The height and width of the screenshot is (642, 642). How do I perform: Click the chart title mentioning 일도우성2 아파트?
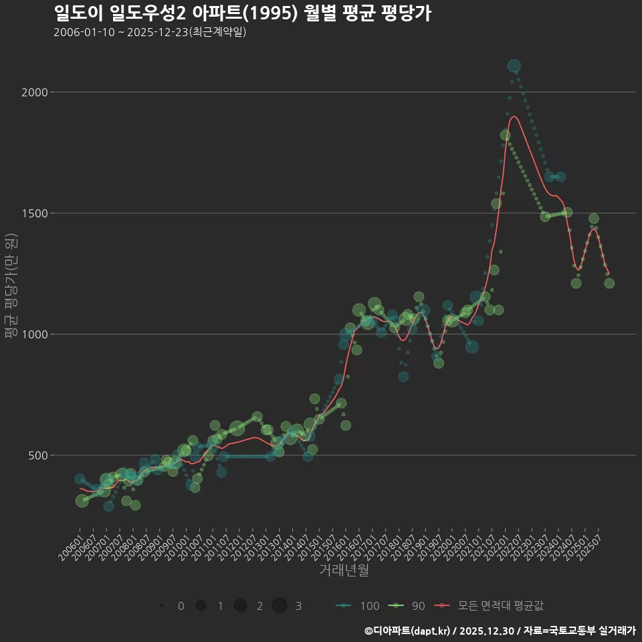click(x=242, y=13)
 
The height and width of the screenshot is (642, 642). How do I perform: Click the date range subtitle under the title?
click(x=150, y=32)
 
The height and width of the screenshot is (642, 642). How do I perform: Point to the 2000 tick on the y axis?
click(x=34, y=92)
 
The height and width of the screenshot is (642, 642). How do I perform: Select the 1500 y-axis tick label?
click(x=34, y=213)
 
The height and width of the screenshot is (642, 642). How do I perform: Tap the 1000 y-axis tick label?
click(x=34, y=334)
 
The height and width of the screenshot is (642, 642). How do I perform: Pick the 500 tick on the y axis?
click(x=37, y=455)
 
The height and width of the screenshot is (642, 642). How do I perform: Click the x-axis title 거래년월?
click(x=344, y=570)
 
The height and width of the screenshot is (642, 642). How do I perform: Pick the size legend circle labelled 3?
click(x=280, y=606)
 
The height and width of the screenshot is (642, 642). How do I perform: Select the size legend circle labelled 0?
click(x=163, y=606)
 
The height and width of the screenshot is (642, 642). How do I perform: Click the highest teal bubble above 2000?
click(x=514, y=66)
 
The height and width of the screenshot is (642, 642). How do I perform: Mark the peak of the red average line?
click(x=514, y=117)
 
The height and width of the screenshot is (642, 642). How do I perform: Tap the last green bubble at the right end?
click(x=609, y=284)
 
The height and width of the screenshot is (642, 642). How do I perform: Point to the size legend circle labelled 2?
click(x=241, y=606)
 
